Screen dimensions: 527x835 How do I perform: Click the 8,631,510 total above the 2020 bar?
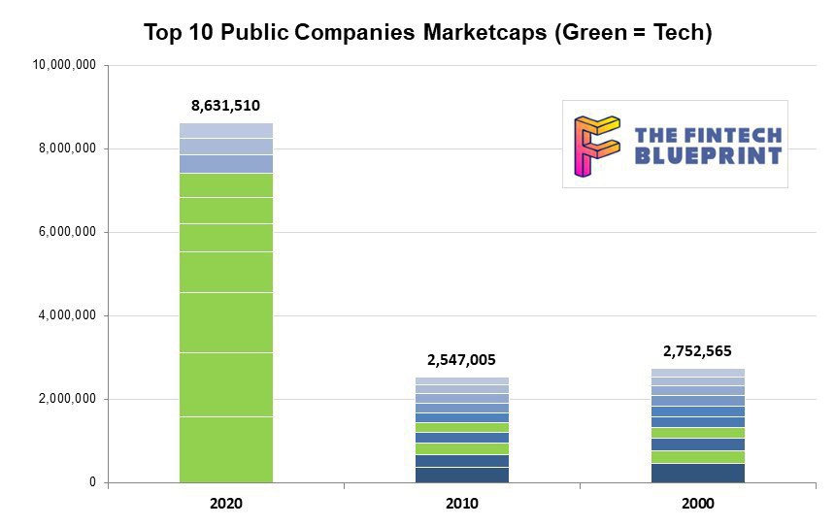[x=225, y=106]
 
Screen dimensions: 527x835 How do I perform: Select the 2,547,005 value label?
[x=461, y=360]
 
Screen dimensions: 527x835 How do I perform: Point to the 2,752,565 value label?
[x=697, y=351]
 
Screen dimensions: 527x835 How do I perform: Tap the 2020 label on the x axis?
[x=225, y=504]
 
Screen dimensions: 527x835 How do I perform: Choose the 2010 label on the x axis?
[x=461, y=504]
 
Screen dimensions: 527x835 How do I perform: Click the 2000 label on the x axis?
[x=697, y=504]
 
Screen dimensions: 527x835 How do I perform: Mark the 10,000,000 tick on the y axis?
[x=64, y=65]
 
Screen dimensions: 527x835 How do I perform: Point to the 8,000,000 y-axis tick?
[x=67, y=148]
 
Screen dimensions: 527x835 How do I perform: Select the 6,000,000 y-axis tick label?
[x=67, y=232]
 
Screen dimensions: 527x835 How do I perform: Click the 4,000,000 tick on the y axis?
[x=67, y=315]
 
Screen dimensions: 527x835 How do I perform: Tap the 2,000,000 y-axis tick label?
[x=67, y=399]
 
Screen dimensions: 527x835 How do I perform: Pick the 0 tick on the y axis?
[x=93, y=482]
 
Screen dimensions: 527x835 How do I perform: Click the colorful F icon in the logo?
[x=595, y=145]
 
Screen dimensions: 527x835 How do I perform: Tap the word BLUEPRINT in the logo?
[x=708, y=155]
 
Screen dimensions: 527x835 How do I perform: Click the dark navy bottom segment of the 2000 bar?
[x=697, y=473]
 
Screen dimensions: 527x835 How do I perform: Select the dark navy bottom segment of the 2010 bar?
[x=461, y=475]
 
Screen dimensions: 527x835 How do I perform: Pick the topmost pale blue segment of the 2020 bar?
[x=225, y=130]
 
